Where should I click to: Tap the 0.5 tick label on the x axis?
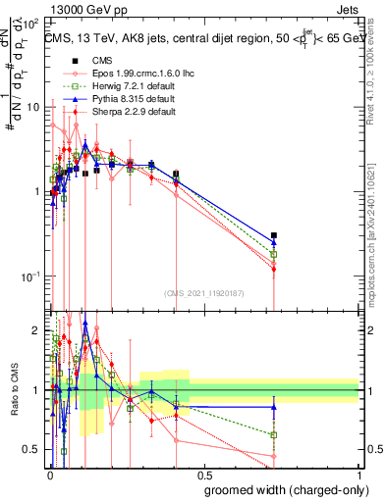coord(203,475)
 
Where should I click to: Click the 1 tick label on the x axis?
coord(358,475)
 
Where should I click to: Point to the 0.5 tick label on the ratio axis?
coord(33,449)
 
